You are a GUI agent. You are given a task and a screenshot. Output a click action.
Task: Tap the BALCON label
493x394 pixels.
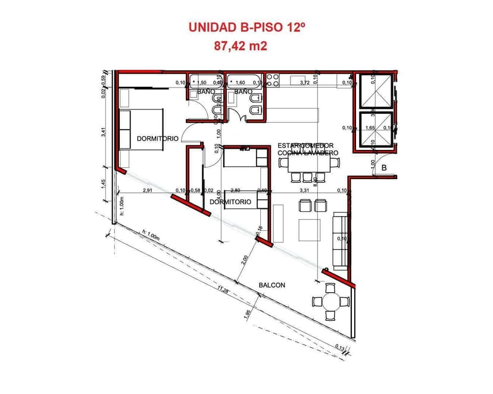click(272, 285)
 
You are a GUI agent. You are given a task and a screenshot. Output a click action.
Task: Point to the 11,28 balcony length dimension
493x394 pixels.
click(224, 290)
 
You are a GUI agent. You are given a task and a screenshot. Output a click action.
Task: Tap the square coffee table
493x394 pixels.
click(310, 230)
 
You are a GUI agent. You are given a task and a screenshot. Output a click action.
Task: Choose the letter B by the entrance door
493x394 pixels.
click(384, 168)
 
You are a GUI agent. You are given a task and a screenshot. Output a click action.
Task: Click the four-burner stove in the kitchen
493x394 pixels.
click(273, 79)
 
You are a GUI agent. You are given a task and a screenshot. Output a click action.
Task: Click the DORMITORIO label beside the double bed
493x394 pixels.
click(157, 138)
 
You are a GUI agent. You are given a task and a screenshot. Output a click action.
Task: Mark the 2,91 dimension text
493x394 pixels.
click(148, 190)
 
